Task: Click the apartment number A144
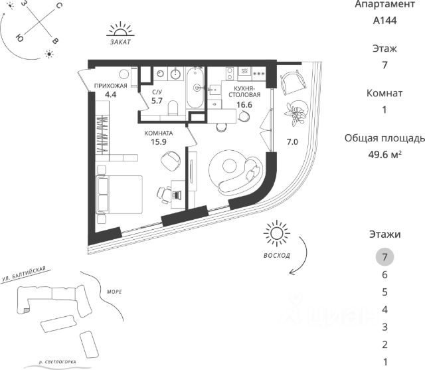[x=384, y=21]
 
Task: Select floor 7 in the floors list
[x=384, y=256]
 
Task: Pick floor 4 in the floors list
[x=384, y=309]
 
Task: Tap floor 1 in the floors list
[x=384, y=361]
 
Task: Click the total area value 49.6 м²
[x=384, y=155]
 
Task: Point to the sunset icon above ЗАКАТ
[x=121, y=30]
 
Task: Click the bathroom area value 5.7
[x=157, y=100]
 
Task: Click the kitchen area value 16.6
[x=245, y=104]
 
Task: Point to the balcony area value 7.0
[x=292, y=141]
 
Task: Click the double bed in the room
[x=119, y=193]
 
